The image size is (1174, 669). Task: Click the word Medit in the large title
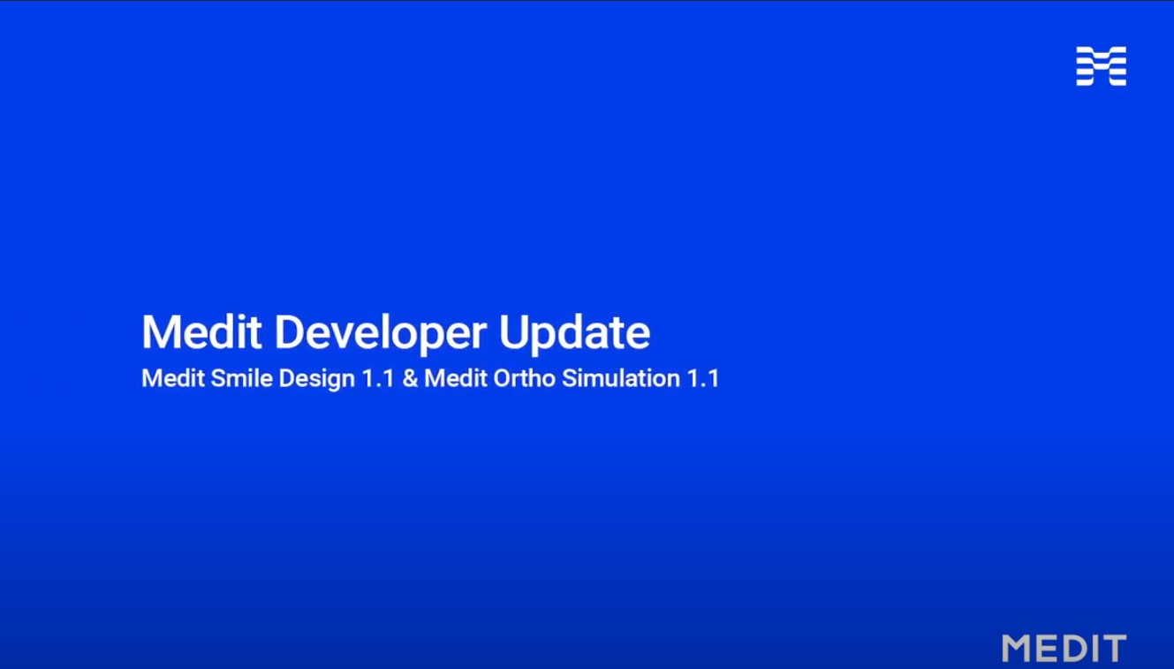201,332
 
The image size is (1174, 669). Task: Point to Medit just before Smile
173,378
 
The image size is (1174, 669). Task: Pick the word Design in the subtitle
316,379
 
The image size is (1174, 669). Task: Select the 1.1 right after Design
377,378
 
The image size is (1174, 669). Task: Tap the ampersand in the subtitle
410,378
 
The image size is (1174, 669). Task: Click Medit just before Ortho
456,378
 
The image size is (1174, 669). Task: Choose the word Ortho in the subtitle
524,378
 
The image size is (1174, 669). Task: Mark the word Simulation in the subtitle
621,378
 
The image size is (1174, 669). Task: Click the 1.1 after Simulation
703,378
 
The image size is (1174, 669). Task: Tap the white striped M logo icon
1102,66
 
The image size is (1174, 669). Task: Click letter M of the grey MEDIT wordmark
1018,649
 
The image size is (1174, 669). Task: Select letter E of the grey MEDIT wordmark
1049,649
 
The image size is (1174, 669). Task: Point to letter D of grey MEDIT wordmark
1078,649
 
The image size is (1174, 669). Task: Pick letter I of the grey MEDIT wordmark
1098,649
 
